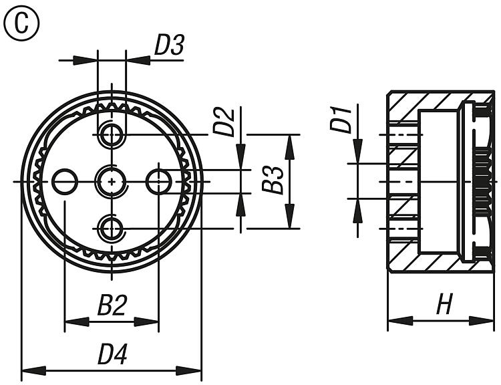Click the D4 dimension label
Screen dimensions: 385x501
point(112,354)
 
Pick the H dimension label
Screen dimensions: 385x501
point(444,305)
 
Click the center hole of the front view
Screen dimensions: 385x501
point(112,181)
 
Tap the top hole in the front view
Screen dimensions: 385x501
point(112,136)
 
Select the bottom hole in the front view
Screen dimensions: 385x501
point(112,229)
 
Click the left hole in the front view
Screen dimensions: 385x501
point(65,181)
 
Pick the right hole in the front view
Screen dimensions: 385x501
point(159,181)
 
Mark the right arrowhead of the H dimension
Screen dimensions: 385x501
point(486,322)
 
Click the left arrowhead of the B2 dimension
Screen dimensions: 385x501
point(72,322)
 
